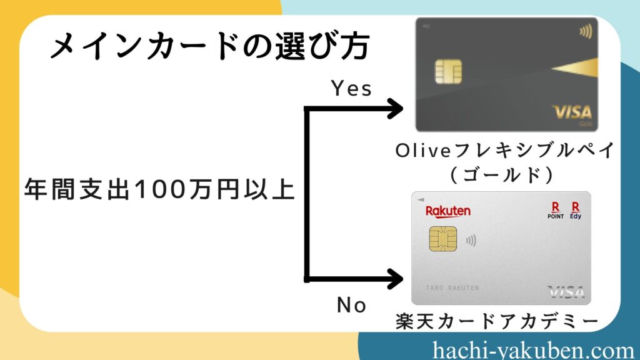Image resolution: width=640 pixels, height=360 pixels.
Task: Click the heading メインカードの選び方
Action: (210, 46)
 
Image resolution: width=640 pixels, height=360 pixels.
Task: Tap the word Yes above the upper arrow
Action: (351, 88)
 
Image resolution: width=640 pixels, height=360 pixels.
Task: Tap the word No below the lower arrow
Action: (351, 305)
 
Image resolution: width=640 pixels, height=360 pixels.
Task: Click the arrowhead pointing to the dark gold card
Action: (394, 109)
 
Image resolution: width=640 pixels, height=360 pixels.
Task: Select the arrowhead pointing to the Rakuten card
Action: (394, 279)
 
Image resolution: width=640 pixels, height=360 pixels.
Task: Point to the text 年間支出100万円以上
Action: (159, 189)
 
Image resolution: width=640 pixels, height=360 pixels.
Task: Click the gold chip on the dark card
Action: (448, 71)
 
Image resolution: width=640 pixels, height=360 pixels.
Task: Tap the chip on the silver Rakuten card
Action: (443, 239)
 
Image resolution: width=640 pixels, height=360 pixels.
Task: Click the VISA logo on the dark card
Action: (572, 112)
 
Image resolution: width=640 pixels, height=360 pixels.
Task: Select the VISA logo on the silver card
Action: (566, 292)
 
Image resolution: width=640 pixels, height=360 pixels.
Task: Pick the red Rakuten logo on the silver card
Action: (447, 211)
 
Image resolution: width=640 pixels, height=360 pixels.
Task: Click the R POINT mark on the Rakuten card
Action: (556, 210)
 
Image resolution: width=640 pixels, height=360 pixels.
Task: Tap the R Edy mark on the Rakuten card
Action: (576, 210)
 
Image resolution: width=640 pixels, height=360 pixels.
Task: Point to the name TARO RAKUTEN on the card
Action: (452, 287)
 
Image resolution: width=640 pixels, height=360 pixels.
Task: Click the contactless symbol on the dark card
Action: (586, 32)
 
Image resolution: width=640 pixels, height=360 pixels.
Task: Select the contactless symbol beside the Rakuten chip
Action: (471, 241)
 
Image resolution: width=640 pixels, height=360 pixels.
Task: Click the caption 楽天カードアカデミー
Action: (497, 321)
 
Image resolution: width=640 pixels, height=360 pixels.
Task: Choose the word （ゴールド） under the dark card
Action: (502, 175)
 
